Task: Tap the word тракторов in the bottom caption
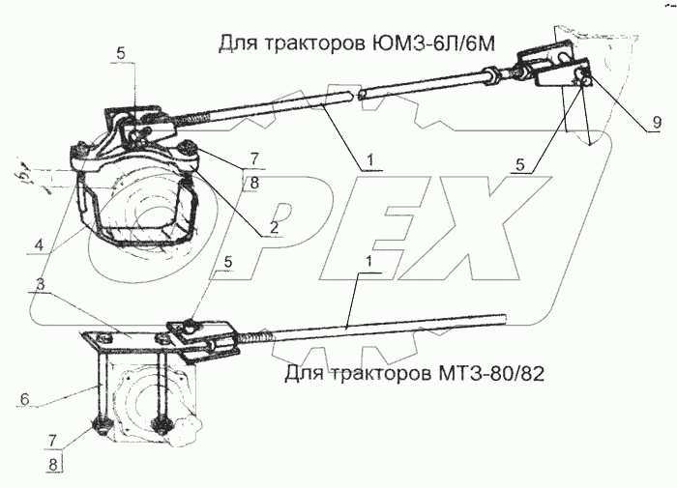coord(370,374)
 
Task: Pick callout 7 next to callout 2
coord(254,157)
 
